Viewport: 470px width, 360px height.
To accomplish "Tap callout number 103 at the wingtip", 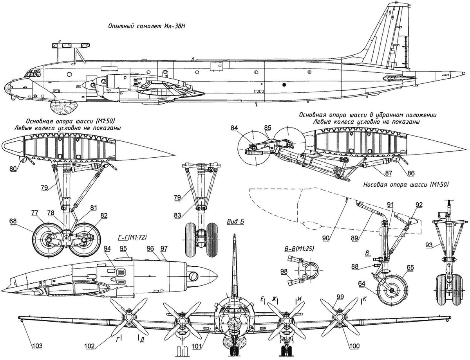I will (36, 346).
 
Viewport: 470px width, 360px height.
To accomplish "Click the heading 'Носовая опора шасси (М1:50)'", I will (405, 184).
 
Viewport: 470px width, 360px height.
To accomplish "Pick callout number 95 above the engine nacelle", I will (123, 248).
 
